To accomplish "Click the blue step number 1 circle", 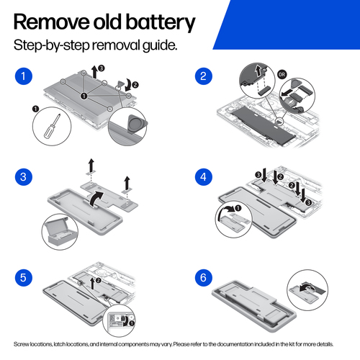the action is (24, 76).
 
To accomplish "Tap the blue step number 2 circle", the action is (204, 76).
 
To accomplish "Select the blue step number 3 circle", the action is (24, 177).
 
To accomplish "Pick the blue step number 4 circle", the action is (204, 177).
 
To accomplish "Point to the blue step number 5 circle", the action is (24, 278).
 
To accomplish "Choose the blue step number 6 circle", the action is (204, 278).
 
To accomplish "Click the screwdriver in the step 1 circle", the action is (52, 126).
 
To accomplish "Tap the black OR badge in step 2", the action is (282, 74).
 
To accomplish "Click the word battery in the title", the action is (161, 22).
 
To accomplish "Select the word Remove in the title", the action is (52, 22).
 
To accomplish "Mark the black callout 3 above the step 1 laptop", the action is (102, 68).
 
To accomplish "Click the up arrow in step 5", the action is (92, 284).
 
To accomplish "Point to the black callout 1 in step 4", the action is (238, 208).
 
